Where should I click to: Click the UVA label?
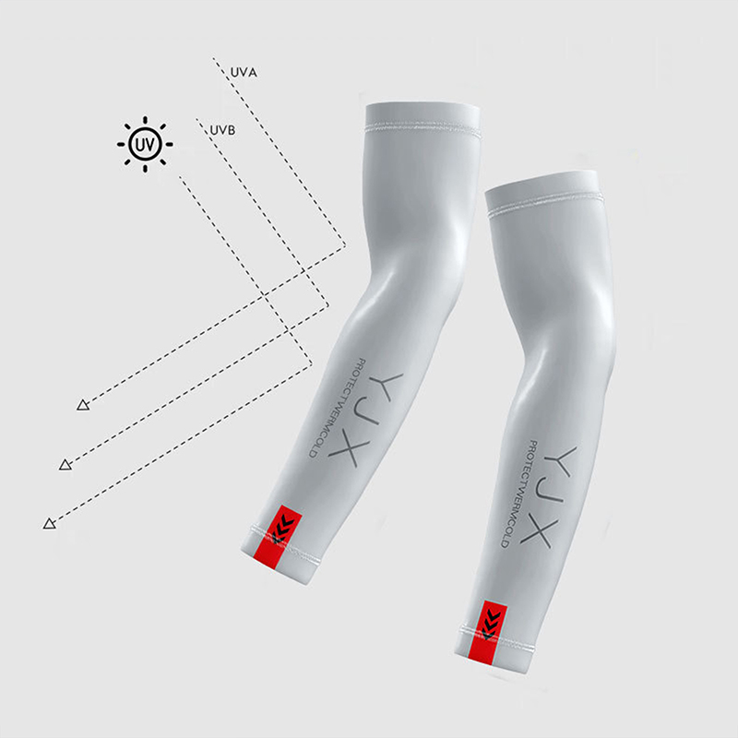click(244, 73)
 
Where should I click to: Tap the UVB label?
click(222, 130)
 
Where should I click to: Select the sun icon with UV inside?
click(145, 144)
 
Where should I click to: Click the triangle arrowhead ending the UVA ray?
click(83, 405)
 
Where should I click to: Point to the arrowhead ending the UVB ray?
click(65, 465)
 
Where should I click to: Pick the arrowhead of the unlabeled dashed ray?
click(50, 523)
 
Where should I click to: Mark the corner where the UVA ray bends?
click(345, 244)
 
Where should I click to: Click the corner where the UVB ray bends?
click(328, 305)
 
